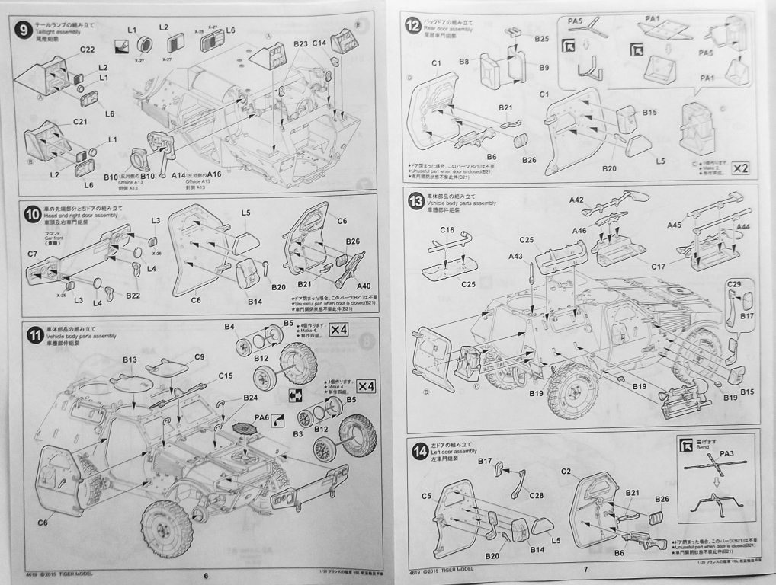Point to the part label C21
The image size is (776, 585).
point(81,122)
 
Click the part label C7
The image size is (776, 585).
point(32,252)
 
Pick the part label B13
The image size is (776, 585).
point(129,360)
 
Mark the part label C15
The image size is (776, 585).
point(226,376)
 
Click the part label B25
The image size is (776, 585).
point(541,38)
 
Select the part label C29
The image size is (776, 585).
point(734,284)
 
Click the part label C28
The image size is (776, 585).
point(536,496)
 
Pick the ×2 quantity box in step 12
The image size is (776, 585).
point(739,168)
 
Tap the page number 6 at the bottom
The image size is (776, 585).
point(206,575)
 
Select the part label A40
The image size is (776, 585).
point(364,286)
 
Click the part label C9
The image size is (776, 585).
point(200,356)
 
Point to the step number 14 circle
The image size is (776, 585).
point(416,453)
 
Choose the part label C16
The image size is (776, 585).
point(447,229)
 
